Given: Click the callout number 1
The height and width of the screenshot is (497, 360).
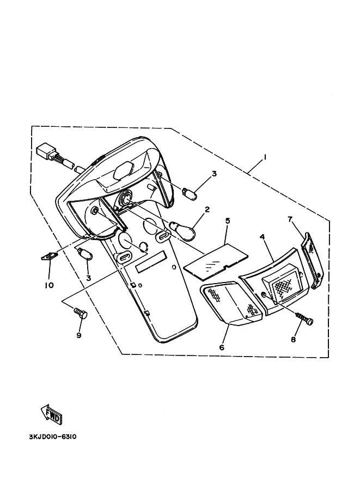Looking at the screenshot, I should point(265,157).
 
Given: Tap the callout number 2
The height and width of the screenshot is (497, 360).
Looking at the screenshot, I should point(208,209).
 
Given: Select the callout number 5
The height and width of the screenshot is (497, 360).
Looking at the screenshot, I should point(228,220).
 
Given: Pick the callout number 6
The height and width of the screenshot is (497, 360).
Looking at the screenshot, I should point(222,347).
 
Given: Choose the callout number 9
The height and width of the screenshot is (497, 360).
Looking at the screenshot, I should point(78,335).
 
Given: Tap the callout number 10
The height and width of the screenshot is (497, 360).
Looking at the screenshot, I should point(49,284).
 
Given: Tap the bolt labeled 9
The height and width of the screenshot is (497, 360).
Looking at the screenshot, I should point(80,313).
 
